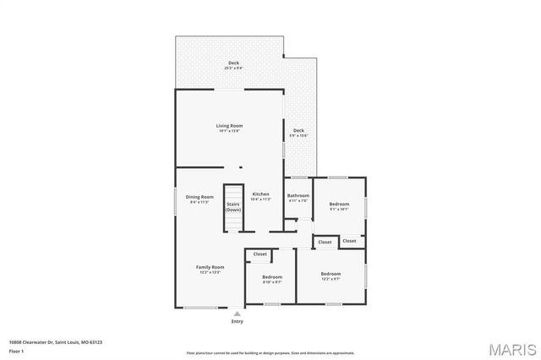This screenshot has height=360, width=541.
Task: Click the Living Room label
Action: pos(229,128)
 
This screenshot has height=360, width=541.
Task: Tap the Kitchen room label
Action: pos(260,196)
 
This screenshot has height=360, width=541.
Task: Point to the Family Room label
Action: pos(210,269)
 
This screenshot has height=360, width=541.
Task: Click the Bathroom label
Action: pos(298,199)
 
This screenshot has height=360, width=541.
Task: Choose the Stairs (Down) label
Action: pos(233,207)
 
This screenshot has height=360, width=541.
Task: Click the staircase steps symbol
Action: pos(233,221)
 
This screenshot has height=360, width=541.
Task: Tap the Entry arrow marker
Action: pos(237,313)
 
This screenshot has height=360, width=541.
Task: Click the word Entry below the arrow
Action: pos(237,321)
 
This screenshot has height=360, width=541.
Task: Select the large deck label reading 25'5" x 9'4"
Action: pos(233,66)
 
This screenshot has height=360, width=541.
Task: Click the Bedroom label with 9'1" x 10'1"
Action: pos(339,206)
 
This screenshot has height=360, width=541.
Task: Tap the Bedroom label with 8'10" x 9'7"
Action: pos(271,280)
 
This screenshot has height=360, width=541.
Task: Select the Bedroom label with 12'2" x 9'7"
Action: pos(331,275)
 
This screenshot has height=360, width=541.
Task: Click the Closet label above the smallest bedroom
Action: pos(260,254)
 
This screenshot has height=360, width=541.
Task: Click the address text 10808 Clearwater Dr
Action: pos(45,341)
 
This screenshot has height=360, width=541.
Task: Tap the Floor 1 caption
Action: pos(16,350)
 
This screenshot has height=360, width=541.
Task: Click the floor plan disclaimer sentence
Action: pos(270,352)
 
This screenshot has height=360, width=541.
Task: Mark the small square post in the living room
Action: pos(240,167)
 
